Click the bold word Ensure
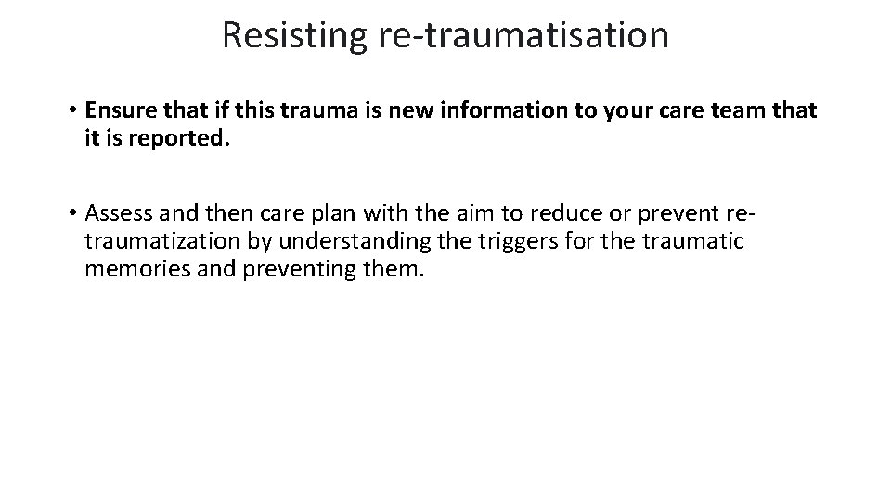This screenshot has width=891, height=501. [115, 110]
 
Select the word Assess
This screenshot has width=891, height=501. [114, 214]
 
